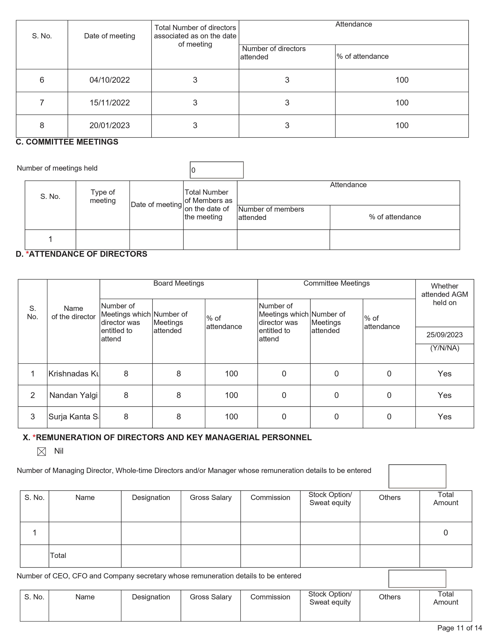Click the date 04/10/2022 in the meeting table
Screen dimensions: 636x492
click(x=110, y=80)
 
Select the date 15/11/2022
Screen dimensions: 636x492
click(x=110, y=103)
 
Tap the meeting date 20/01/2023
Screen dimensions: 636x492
click(x=110, y=125)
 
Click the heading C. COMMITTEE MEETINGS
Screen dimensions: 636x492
click(x=67, y=142)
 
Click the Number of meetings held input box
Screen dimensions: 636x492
click(x=216, y=170)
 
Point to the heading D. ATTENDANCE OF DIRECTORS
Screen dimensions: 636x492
click(x=82, y=254)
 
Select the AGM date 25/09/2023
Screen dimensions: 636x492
click(x=445, y=335)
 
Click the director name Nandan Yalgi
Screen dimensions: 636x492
click(x=74, y=395)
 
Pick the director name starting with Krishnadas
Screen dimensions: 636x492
click(x=74, y=374)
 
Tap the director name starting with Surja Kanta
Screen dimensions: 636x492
click(x=74, y=417)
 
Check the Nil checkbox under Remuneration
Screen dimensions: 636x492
click(x=42, y=452)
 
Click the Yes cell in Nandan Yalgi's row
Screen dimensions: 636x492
click(x=445, y=395)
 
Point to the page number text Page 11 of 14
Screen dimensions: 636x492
click(x=460, y=628)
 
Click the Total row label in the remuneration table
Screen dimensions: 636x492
click(x=58, y=556)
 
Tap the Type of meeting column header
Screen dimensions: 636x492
click(x=103, y=197)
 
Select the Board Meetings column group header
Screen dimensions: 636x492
click(x=179, y=283)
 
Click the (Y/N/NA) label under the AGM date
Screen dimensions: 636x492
click(x=445, y=348)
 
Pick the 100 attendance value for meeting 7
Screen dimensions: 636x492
click(x=402, y=103)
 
